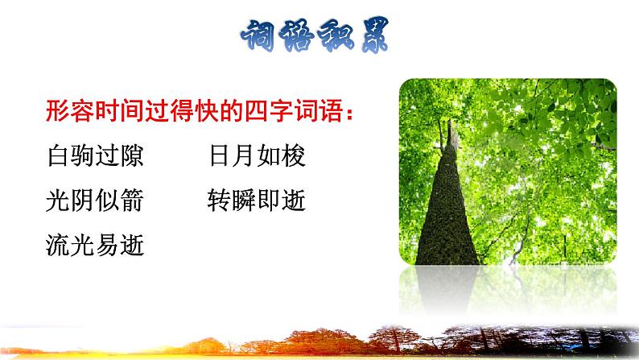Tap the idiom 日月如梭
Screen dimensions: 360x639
pos(256,155)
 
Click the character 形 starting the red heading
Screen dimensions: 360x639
pos(56,110)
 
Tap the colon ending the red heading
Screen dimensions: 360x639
pos(348,112)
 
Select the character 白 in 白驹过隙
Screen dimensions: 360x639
pos(58,155)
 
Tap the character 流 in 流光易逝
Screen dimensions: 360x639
pos(58,245)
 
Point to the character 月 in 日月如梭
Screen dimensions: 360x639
pos(244,155)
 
